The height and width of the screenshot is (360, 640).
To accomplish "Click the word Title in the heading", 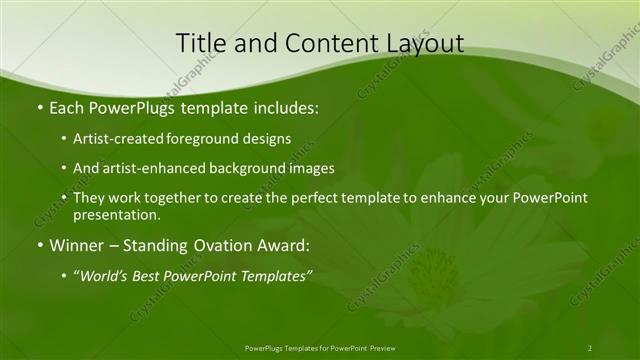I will (200, 43).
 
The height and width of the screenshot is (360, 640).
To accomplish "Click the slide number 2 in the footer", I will (589, 348).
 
